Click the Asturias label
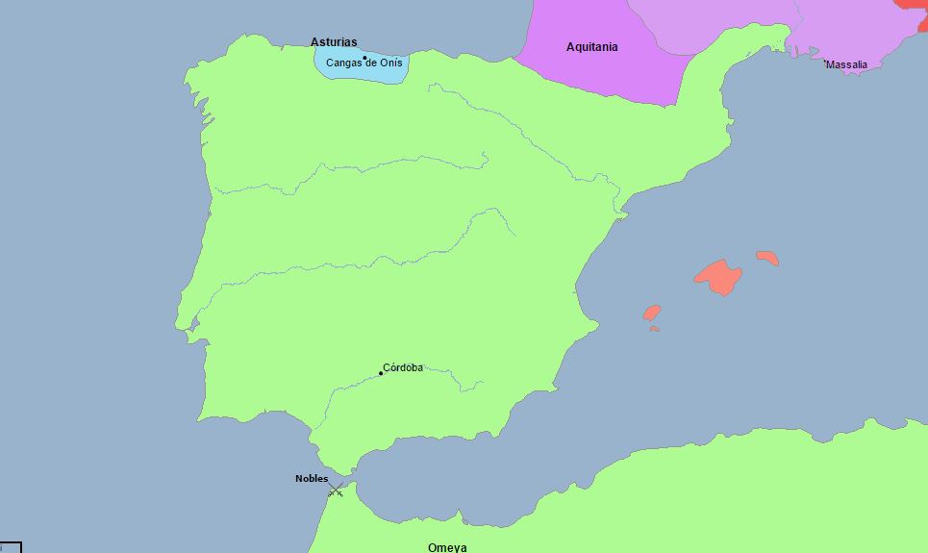pyautogui.click(x=334, y=42)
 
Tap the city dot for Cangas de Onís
pyautogui.click(x=364, y=58)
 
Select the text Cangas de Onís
pyautogui.click(x=364, y=63)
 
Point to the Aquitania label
pyautogui.click(x=592, y=47)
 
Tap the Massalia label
pyautogui.click(x=847, y=65)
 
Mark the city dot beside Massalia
pyautogui.click(x=825, y=63)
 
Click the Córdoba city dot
pyautogui.click(x=381, y=373)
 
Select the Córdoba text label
pyautogui.click(x=403, y=367)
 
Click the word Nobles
pyautogui.click(x=312, y=479)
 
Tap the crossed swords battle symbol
pyautogui.click(x=336, y=490)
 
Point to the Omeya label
pyautogui.click(x=447, y=547)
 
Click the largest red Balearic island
pyautogui.click(x=718, y=277)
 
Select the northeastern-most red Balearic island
pyautogui.click(x=767, y=258)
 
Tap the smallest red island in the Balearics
pyautogui.click(x=654, y=329)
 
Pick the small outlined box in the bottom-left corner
pyautogui.click(x=10, y=547)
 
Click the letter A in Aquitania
pyautogui.click(x=571, y=47)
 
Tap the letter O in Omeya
pyautogui.click(x=433, y=547)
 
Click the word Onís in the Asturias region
pyautogui.click(x=393, y=63)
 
